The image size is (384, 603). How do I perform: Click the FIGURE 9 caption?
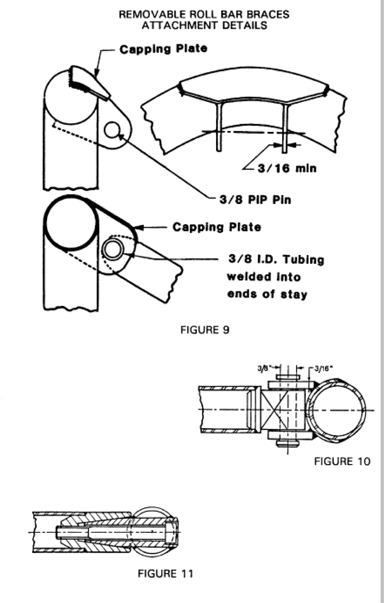point(204,330)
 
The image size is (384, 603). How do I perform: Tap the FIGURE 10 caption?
point(342,462)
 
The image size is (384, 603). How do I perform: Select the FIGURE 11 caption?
point(166,573)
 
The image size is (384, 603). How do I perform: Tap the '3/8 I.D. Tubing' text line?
point(276,260)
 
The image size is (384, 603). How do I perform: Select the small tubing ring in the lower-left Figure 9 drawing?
point(113,250)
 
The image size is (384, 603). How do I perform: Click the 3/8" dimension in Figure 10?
point(262,369)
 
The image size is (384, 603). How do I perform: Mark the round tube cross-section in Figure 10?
point(336,408)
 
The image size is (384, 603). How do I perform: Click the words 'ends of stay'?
point(267,294)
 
